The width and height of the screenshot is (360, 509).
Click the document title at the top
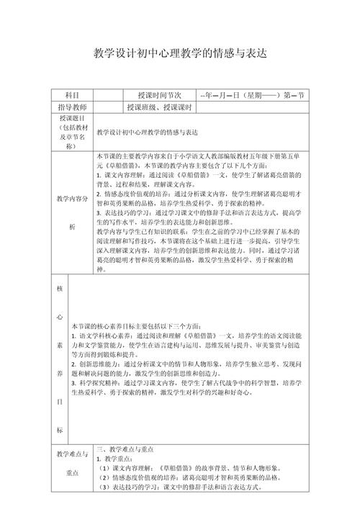pyautogui.click(x=180, y=53)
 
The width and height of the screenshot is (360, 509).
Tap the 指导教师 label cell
pyautogui.click(x=71, y=107)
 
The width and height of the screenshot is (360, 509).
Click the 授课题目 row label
pyautogui.click(x=71, y=132)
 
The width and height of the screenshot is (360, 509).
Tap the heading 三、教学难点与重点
pyautogui.click(x=126, y=448)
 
